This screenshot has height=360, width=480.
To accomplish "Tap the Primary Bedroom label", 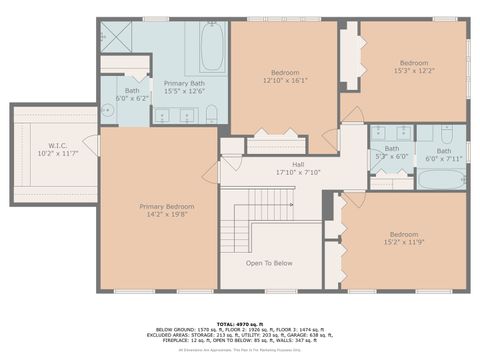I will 158,206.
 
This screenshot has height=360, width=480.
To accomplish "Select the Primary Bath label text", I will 184,84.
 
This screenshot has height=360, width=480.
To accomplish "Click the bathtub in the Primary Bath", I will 213,44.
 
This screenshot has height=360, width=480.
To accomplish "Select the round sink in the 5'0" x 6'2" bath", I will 109,112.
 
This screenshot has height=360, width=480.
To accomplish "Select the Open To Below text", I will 269,264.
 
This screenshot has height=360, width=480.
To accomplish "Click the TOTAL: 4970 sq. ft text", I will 240,312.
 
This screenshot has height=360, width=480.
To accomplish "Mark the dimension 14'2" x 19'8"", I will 158,212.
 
